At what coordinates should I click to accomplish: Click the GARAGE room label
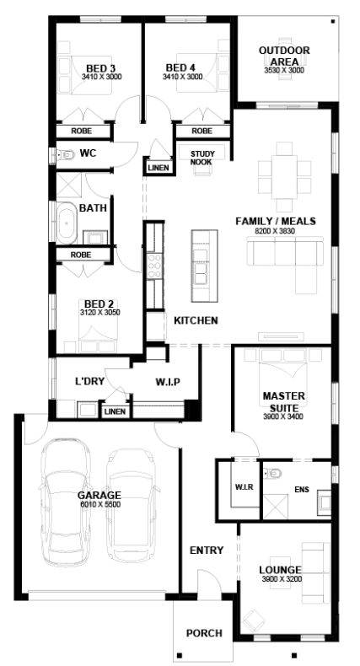pos(99,495)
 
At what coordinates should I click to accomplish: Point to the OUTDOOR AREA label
pos(284,56)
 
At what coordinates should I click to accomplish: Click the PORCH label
pos(204,632)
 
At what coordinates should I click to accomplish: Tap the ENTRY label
pos(207,551)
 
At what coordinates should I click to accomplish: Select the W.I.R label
pos(238,486)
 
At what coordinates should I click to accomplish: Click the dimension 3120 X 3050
pos(99,312)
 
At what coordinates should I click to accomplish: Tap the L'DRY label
pos(89,381)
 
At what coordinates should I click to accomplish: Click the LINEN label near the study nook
pos(159,167)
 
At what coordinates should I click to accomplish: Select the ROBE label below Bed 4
pos(201,131)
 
